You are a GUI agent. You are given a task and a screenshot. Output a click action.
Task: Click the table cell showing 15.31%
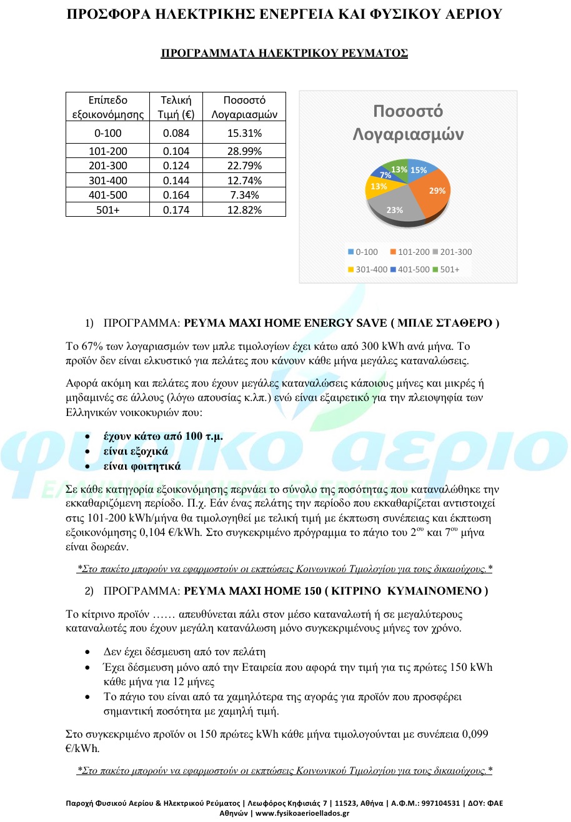point(245,132)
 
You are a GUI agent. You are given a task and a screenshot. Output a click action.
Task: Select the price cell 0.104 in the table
point(175,151)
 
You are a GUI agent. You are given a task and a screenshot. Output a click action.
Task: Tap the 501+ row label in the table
point(108,210)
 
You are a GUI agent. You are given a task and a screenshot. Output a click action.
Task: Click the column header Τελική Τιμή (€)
point(176,107)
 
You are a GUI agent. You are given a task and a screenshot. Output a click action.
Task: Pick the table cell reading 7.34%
point(245,195)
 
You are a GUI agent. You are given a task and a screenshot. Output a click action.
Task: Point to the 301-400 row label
point(108,181)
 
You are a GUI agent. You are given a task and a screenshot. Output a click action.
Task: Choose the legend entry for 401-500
point(410,270)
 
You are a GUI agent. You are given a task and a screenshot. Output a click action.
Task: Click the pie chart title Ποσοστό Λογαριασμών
point(408,122)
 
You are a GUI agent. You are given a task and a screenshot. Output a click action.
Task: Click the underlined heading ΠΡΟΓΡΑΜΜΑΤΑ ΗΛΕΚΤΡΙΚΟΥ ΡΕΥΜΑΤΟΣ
point(285,53)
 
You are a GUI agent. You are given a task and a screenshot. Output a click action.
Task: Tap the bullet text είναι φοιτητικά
point(142,466)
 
